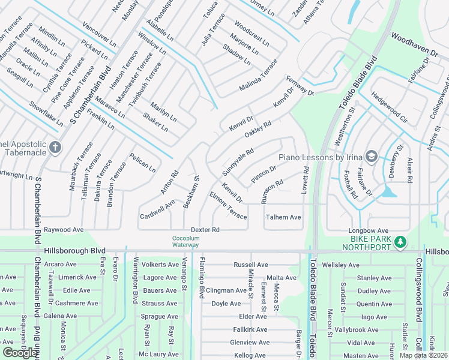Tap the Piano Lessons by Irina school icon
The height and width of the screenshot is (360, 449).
tap(371, 157)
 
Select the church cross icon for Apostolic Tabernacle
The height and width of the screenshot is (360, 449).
tap(55, 147)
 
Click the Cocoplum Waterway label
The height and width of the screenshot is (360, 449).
tap(185, 241)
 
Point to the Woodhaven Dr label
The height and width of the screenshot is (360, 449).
tap(415, 45)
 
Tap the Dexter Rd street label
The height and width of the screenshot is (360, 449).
tap(205, 230)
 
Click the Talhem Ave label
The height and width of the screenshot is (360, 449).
tap(283, 217)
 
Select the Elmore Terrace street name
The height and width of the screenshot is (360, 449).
tap(228, 205)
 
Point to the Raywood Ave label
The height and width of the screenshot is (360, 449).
tap(64, 230)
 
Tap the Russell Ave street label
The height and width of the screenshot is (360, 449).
tap(251, 265)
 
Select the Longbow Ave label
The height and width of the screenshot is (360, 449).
tap(369, 230)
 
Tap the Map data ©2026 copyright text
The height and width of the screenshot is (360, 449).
tap(423, 355)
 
